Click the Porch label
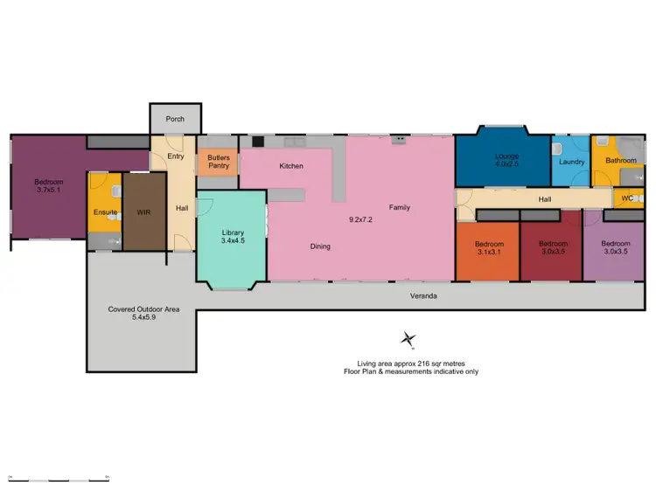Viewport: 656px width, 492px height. click(175, 118)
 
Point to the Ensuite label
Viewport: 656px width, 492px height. click(105, 212)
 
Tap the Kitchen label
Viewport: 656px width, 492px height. click(291, 166)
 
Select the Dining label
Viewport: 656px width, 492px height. click(320, 246)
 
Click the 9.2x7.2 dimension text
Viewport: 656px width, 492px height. click(360, 208)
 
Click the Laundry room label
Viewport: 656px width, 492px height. click(571, 162)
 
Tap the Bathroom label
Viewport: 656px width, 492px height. click(621, 161)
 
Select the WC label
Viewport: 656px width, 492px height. click(626, 198)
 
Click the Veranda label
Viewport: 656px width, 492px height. click(423, 297)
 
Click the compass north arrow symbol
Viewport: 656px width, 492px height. click(408, 339)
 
